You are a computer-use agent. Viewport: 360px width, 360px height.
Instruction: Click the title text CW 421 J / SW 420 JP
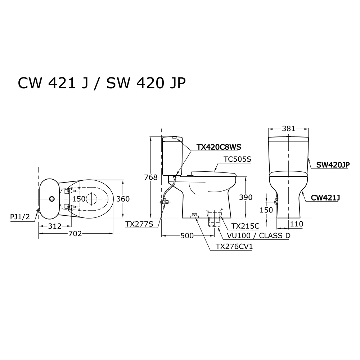[x=102, y=83]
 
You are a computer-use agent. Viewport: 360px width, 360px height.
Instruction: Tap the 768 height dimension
[x=151, y=177]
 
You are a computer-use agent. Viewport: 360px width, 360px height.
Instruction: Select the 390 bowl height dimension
[x=246, y=197]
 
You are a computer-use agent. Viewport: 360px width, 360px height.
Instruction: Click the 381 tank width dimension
[x=289, y=129]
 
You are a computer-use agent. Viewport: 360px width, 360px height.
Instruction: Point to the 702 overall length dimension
[x=75, y=234]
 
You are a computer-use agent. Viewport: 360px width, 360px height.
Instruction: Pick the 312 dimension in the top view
[x=55, y=226]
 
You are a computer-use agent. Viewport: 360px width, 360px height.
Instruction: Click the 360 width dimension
[x=123, y=199]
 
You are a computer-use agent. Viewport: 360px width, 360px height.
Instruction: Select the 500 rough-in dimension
[x=187, y=235]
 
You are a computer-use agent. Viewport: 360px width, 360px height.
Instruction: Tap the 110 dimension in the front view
[x=297, y=224]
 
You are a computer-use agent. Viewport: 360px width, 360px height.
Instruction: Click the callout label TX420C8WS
[x=219, y=147]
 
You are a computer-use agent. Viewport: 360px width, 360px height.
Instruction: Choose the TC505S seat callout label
[x=237, y=159]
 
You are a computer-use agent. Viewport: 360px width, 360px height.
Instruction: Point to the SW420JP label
[x=333, y=165]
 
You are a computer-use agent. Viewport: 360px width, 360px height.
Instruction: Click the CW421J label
[x=325, y=197]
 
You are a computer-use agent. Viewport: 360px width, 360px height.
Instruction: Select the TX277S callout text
[x=139, y=224]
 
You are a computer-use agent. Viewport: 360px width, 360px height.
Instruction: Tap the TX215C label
[x=245, y=226]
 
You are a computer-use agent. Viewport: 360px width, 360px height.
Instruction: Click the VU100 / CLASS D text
[x=258, y=235]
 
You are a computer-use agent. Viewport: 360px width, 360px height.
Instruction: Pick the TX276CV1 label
[x=234, y=247]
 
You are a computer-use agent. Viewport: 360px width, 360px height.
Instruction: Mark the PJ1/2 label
[x=20, y=217]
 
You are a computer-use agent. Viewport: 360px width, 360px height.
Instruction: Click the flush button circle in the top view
[x=52, y=199]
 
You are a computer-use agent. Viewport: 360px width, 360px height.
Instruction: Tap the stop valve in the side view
[x=165, y=202]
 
